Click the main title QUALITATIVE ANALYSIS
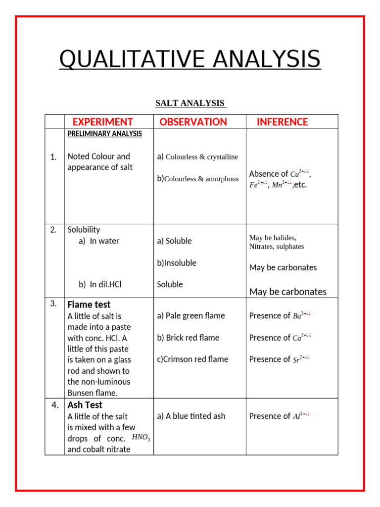(x=190, y=59)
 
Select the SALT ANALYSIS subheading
(x=190, y=103)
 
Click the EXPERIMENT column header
(x=102, y=122)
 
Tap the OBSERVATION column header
(x=193, y=122)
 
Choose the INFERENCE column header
(x=282, y=122)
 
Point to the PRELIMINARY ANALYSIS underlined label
(x=104, y=134)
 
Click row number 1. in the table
(x=53, y=157)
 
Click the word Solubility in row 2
(x=84, y=230)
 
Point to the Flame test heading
(x=89, y=304)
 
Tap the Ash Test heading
(x=85, y=405)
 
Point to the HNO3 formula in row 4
(x=141, y=437)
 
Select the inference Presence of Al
(x=280, y=416)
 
